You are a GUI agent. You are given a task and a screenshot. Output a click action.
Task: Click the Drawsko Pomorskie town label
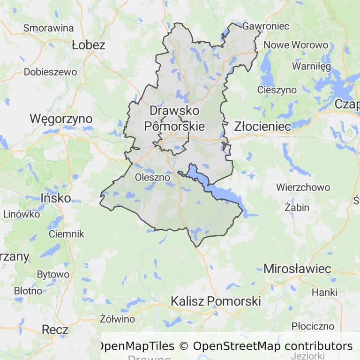click(x=174, y=119)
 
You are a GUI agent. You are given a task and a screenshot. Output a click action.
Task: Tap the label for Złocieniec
click(x=262, y=126)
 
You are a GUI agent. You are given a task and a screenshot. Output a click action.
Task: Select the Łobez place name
click(x=89, y=45)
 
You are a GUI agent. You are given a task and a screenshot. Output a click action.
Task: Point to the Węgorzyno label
click(x=61, y=119)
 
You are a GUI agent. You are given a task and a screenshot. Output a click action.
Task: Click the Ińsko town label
click(x=56, y=198)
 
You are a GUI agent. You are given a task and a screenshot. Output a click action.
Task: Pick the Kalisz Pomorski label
click(x=216, y=301)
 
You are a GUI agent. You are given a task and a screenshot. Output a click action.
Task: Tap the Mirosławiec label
click(x=297, y=269)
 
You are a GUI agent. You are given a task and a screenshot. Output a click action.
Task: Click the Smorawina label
click(x=49, y=28)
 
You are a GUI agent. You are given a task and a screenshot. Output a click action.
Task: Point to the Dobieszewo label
click(x=50, y=72)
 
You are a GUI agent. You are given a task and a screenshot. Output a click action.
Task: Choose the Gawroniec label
click(x=265, y=26)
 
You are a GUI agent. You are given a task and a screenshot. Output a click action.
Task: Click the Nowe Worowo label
click(x=296, y=45)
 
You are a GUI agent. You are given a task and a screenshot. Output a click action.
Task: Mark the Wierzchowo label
click(x=303, y=187)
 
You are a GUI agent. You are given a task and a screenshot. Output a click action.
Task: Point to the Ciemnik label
click(x=66, y=233)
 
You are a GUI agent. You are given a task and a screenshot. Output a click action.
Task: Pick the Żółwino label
click(x=117, y=319)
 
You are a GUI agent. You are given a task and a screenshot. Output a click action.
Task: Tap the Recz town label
click(x=55, y=330)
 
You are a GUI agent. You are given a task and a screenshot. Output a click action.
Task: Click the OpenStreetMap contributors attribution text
click(x=272, y=346)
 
